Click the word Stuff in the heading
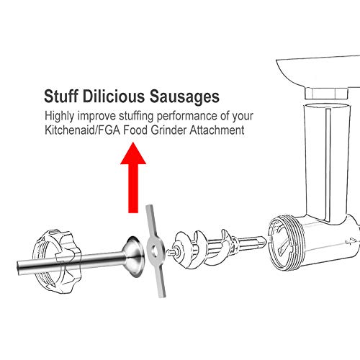[x=61, y=96]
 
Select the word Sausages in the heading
[x=184, y=97]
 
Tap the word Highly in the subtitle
[x=60, y=117]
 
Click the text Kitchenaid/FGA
[x=83, y=130]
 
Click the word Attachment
[x=217, y=130]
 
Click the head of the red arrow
[x=133, y=153]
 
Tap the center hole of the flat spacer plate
[x=153, y=251]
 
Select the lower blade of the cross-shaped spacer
[x=160, y=279]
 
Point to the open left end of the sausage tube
[x=19, y=268]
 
